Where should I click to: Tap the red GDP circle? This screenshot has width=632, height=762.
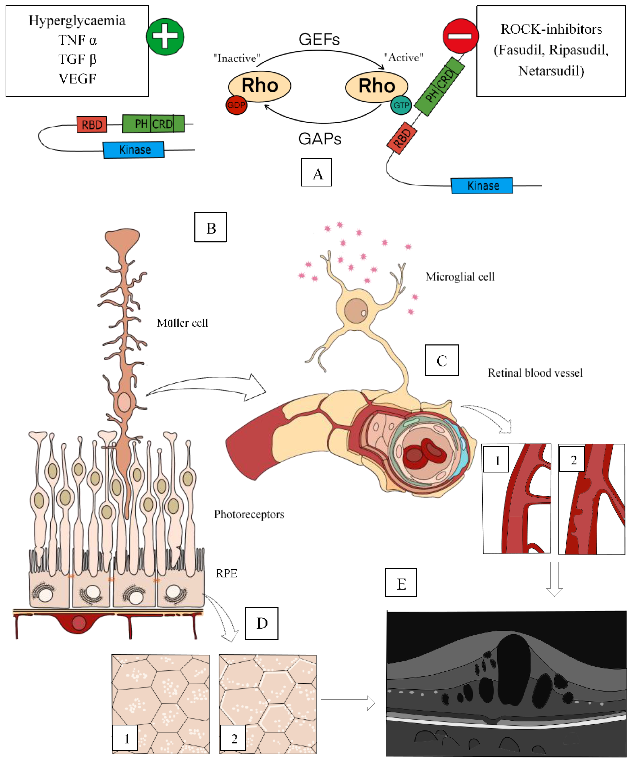click(x=236, y=105)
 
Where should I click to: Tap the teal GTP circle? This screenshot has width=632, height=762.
click(x=401, y=105)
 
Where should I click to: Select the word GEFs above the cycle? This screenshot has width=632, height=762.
click(x=319, y=39)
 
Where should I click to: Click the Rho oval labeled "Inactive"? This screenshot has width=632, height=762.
click(x=259, y=86)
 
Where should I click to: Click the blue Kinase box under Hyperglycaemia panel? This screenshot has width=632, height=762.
click(x=134, y=150)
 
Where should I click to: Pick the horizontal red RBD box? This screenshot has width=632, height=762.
click(x=92, y=125)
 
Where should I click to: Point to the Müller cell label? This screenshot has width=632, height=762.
click(x=182, y=323)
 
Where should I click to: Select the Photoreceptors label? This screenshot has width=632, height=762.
click(x=249, y=514)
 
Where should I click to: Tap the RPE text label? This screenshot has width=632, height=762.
click(x=226, y=573)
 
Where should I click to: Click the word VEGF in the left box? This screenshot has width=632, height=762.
click(x=77, y=79)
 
